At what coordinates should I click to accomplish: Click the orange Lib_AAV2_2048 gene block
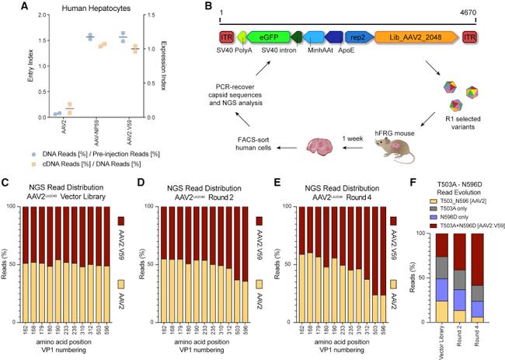tap(418, 37)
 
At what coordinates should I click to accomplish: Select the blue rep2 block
tap(358, 37)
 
